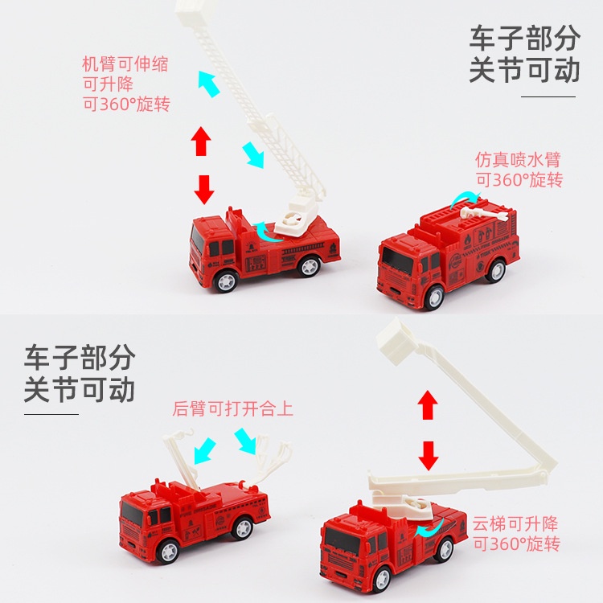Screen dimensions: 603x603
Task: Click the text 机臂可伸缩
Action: (125, 64)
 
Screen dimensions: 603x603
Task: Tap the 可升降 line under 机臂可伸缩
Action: (108, 84)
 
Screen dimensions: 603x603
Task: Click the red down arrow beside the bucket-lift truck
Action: (429, 454)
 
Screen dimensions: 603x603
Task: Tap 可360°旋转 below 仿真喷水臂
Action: (519, 179)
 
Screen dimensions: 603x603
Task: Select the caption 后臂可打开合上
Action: (233, 408)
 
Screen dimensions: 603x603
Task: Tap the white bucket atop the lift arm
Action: (394, 335)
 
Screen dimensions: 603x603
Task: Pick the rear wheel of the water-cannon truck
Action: (496, 270)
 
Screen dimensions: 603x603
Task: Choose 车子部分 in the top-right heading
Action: (524, 38)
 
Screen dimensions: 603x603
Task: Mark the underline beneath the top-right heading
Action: (548, 96)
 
